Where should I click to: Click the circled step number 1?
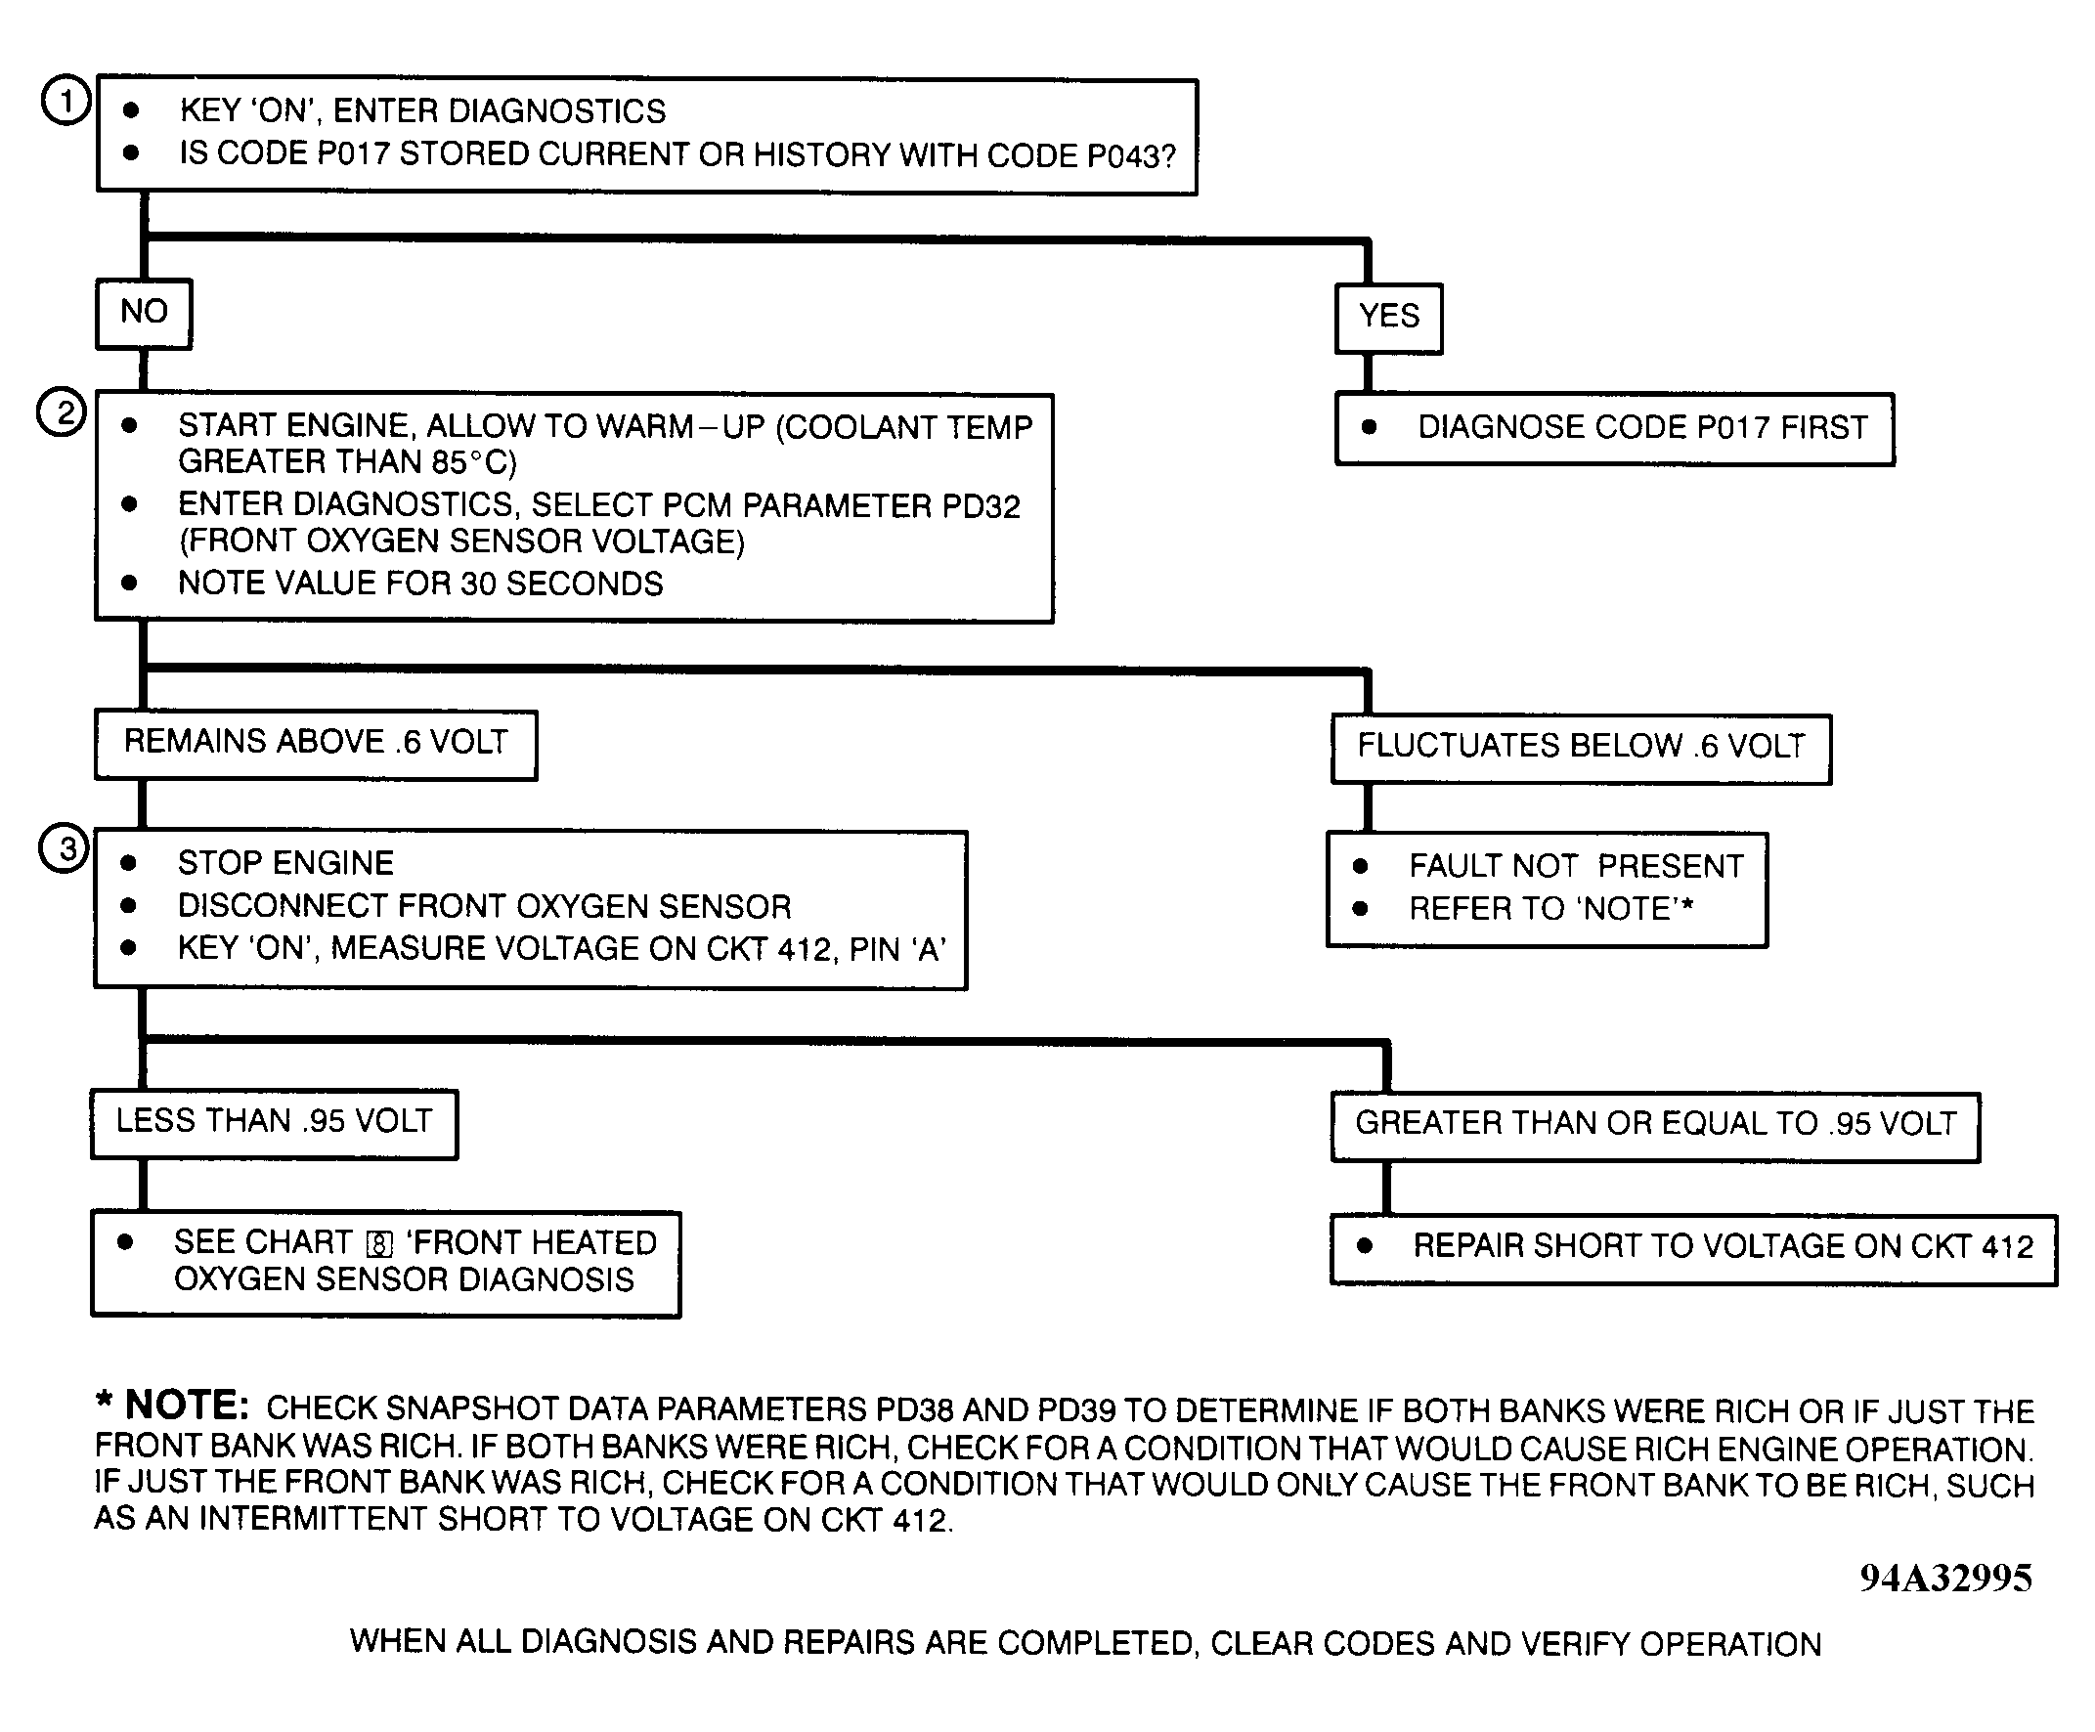tap(65, 102)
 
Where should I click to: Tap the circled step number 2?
tap(63, 412)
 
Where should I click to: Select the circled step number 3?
tap(65, 849)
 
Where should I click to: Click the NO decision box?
tap(144, 312)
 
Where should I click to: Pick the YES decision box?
tap(1389, 317)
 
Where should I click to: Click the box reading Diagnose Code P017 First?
tap(1614, 428)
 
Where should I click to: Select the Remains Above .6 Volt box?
tap(315, 743)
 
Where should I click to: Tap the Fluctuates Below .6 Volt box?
tap(1581, 748)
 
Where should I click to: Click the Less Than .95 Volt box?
tap(275, 1122)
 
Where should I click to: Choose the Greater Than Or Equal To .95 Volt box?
tap(1655, 1125)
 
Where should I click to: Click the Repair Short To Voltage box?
tap(1693, 1248)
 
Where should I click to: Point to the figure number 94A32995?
tap(1945, 1578)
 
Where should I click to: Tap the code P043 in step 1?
tap(1130, 156)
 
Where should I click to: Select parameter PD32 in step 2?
tap(980, 507)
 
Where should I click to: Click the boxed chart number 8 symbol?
tap(380, 1245)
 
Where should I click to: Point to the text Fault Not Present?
tap(1576, 866)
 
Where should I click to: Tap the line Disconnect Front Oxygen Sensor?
tap(484, 906)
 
